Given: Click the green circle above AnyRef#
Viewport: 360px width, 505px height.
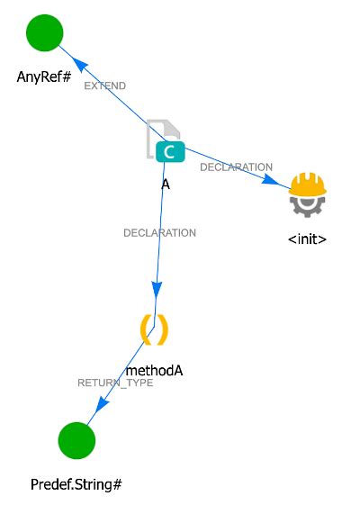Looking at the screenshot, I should (x=44, y=33).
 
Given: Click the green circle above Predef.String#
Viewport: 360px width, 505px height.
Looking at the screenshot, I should (x=76, y=441).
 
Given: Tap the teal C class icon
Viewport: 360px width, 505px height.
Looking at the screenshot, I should (x=169, y=152).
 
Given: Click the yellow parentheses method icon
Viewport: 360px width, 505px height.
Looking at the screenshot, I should (x=155, y=329).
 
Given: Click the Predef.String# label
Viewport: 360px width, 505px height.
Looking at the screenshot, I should (x=76, y=484).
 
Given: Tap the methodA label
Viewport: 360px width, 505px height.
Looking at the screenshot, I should (x=155, y=369).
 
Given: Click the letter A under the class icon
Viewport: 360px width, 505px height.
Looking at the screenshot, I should (x=166, y=183).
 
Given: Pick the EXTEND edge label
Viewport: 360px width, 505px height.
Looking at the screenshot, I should (x=104, y=86).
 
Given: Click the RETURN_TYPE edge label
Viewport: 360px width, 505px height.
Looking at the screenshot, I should (x=115, y=383).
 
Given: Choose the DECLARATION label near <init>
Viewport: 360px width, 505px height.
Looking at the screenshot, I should (x=236, y=167).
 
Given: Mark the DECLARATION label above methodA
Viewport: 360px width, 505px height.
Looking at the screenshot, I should (x=159, y=233).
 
